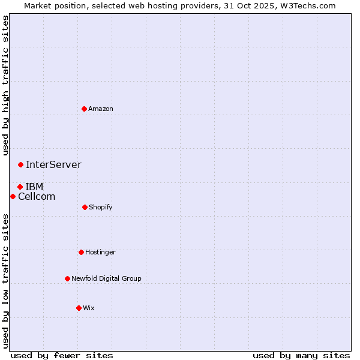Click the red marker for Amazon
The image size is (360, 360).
pyautogui.click(x=85, y=109)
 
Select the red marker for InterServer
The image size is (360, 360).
pyautogui.click(x=20, y=164)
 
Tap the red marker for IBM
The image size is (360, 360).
pyautogui.click(x=20, y=187)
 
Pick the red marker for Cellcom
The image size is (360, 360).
pyautogui.click(x=13, y=196)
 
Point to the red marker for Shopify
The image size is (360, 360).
pyautogui.click(x=85, y=207)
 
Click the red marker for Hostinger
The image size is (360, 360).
pyautogui.click(x=81, y=252)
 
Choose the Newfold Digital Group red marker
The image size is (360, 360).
pyautogui.click(x=67, y=278)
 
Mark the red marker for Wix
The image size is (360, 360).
pyautogui.click(x=79, y=308)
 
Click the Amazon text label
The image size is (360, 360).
pyautogui.click(x=101, y=109)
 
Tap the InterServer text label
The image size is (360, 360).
pyautogui.click(x=53, y=164)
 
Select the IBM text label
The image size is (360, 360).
pyautogui.click(x=34, y=187)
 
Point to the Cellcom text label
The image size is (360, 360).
pyautogui.click(x=37, y=196)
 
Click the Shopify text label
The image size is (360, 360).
pyautogui.click(x=101, y=207)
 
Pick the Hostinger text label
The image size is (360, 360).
pyautogui.click(x=100, y=252)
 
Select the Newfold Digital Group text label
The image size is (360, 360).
pyautogui.click(x=106, y=278)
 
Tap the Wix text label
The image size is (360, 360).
pyautogui.click(x=89, y=308)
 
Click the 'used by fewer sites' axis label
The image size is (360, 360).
pyautogui.click(x=62, y=355)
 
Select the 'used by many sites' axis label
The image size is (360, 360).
pyautogui.click(x=301, y=355)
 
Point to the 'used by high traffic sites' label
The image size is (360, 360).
pyautogui.click(x=5, y=85)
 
